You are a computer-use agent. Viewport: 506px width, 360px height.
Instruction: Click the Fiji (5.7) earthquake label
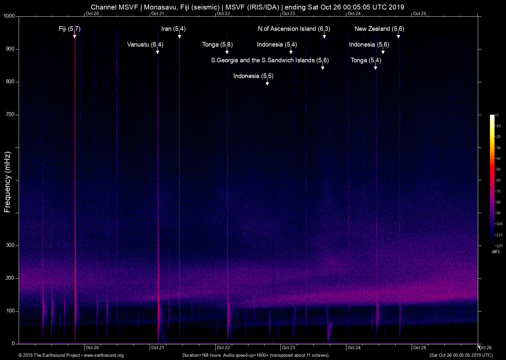69,29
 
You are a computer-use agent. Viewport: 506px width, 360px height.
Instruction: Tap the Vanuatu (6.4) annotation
145,45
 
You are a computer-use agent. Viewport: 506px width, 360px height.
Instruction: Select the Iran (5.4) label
173,29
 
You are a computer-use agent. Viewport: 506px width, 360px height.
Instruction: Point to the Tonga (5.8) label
217,45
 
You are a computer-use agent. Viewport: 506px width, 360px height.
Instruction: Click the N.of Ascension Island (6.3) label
294,29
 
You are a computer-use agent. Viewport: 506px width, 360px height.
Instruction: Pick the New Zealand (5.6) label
379,29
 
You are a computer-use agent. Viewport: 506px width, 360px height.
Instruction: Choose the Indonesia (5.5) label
253,76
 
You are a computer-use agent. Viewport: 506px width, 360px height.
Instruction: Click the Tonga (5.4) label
366,60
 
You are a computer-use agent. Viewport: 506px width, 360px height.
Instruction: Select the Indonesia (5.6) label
369,45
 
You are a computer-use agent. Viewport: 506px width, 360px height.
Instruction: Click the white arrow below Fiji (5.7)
75,36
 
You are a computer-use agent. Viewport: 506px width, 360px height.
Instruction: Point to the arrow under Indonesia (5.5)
267,83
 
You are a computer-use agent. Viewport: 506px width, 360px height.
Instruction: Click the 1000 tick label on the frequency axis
9,16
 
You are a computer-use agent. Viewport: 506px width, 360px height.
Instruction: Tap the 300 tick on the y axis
10,245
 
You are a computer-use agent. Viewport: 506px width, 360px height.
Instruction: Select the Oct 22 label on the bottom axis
223,348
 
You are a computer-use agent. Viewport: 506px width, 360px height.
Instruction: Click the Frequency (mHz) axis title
8,182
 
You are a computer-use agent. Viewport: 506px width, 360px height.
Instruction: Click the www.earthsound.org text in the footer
104,355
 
